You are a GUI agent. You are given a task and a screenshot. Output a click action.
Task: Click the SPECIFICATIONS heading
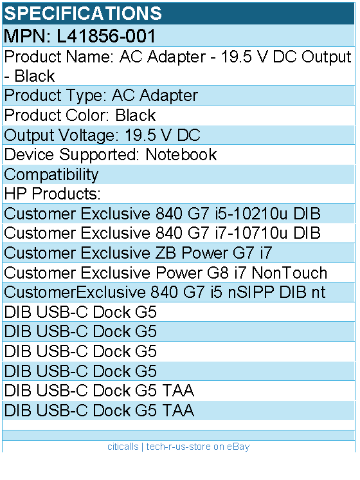83,13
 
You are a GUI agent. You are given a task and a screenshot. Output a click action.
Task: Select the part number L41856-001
107,36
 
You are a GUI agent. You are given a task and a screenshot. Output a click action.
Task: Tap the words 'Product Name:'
59,57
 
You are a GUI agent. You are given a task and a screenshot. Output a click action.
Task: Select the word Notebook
181,154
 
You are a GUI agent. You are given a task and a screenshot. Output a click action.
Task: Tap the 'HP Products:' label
52,194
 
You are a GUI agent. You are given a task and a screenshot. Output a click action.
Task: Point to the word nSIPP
251,292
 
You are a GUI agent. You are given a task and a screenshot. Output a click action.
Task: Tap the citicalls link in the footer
123,447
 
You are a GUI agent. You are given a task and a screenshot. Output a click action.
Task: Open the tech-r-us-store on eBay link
198,447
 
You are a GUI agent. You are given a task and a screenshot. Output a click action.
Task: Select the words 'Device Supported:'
72,154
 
